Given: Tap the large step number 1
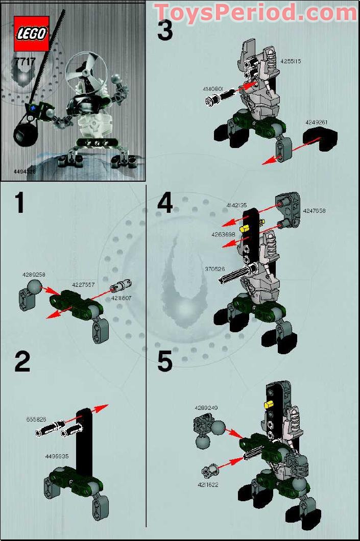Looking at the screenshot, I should point(20,203).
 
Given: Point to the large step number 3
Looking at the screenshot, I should point(165,31).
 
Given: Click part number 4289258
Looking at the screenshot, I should point(34,275).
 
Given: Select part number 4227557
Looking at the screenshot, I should point(83,285).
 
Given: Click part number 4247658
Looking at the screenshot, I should point(314,210).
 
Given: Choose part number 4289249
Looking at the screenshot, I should point(206,408).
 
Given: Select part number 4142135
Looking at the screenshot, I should point(236,205).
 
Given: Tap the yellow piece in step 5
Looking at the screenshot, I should point(266,405).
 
